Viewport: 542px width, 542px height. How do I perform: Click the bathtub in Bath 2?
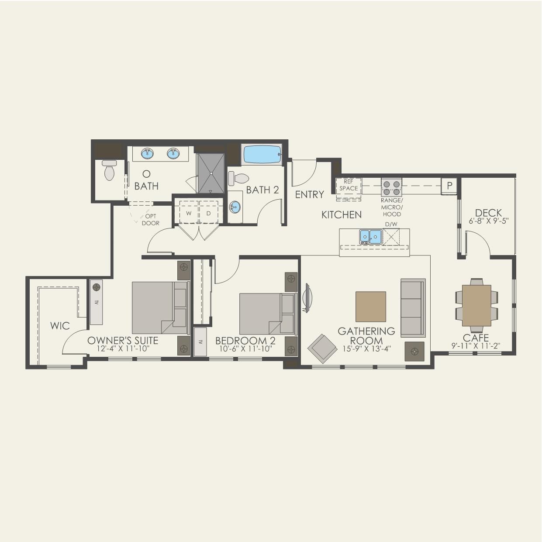point(262,154)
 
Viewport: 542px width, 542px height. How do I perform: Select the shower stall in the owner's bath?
point(211,173)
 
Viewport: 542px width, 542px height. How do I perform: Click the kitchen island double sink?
point(370,237)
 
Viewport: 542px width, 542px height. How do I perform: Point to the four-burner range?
point(391,187)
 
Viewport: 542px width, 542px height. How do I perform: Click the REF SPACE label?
point(349,185)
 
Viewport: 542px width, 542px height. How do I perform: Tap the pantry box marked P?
point(449,186)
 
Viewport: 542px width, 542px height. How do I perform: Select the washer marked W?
point(189,214)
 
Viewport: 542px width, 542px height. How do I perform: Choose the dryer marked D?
point(209,214)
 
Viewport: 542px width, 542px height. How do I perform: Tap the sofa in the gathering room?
point(413,308)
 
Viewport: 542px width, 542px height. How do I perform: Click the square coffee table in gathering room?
point(370,307)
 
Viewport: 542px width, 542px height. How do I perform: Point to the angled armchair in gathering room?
point(322,348)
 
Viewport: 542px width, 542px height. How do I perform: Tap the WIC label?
point(60,326)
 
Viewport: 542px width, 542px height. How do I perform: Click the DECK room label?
point(489,213)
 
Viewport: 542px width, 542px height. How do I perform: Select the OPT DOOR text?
point(150,220)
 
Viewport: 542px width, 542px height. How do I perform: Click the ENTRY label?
point(310,194)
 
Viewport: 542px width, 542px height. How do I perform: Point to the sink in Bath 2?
point(235,207)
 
